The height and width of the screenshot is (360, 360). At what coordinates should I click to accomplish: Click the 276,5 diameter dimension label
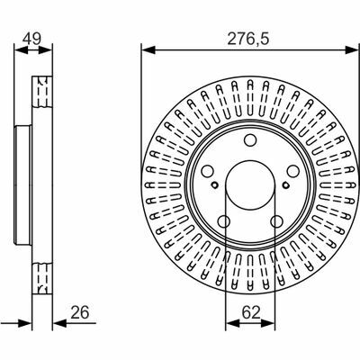click(x=247, y=39)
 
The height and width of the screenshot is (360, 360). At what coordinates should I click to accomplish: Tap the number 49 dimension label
click(x=32, y=39)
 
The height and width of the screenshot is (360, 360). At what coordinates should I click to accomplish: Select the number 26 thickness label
click(x=80, y=312)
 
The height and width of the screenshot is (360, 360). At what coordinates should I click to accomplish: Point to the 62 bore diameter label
click(x=251, y=313)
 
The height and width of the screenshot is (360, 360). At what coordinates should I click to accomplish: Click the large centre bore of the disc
click(x=250, y=185)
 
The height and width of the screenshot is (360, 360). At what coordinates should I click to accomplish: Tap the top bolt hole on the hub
click(x=250, y=139)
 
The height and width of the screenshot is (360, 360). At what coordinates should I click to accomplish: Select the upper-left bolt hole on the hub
click(x=207, y=171)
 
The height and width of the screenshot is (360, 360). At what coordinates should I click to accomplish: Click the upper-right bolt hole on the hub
click(x=292, y=171)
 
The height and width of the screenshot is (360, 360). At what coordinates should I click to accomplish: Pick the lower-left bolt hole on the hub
click(x=224, y=221)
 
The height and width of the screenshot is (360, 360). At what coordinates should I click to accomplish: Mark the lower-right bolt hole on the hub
click(x=276, y=221)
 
